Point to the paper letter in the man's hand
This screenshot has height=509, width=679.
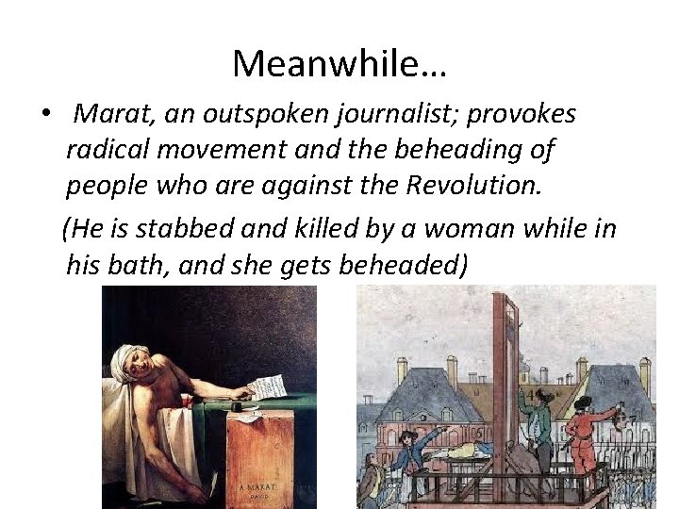pos(267,386)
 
